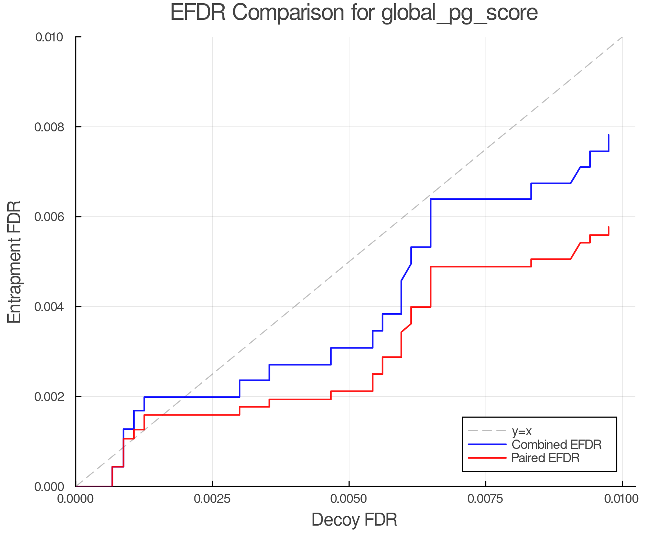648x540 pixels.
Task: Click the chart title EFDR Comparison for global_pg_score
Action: pyautogui.click(x=354, y=13)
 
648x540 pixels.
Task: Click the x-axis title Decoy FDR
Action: pyautogui.click(x=354, y=520)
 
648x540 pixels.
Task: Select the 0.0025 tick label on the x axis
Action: pyautogui.click(x=212, y=499)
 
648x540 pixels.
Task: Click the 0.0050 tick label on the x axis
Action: pyautogui.click(x=349, y=499)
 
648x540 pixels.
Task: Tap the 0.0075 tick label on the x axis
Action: pyautogui.click(x=486, y=499)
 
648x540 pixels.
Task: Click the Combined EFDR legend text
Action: pyautogui.click(x=557, y=445)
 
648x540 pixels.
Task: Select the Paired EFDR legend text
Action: pyautogui.click(x=546, y=458)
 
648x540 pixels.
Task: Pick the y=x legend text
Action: pyautogui.click(x=522, y=431)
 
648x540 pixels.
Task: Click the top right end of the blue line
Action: pyautogui.click(x=608, y=135)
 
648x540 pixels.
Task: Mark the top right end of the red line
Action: pyautogui.click(x=608, y=227)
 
